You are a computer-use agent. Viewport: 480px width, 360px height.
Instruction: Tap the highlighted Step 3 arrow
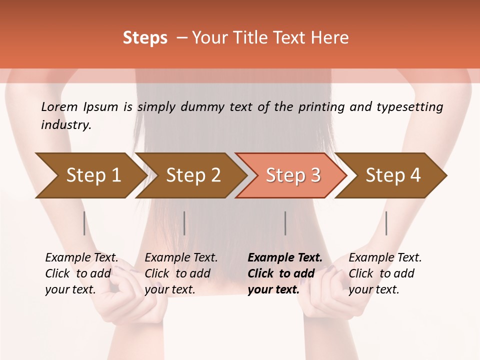pyautogui.click(x=293, y=175)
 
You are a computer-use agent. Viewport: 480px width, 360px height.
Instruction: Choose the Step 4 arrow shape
pyautogui.click(x=393, y=175)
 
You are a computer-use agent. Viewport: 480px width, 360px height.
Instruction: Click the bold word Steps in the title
pyautogui.click(x=145, y=38)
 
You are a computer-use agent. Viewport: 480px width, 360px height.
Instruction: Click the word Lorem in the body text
pyautogui.click(x=59, y=107)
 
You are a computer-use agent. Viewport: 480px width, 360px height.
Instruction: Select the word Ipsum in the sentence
pyautogui.click(x=101, y=107)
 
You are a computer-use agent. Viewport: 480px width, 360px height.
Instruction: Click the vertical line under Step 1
pyautogui.click(x=84, y=223)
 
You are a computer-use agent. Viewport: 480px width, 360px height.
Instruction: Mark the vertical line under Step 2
pyautogui.click(x=184, y=223)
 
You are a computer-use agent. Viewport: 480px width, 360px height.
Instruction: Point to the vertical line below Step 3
pyautogui.click(x=285, y=223)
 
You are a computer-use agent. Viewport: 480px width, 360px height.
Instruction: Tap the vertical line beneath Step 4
pyautogui.click(x=386, y=223)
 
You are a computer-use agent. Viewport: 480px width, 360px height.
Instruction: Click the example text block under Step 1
pyautogui.click(x=81, y=273)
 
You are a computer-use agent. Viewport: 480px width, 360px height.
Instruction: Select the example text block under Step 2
pyautogui.click(x=181, y=273)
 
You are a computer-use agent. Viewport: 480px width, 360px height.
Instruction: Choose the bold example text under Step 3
pyautogui.click(x=285, y=273)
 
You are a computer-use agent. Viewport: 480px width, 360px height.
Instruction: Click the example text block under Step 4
pyautogui.click(x=385, y=273)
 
